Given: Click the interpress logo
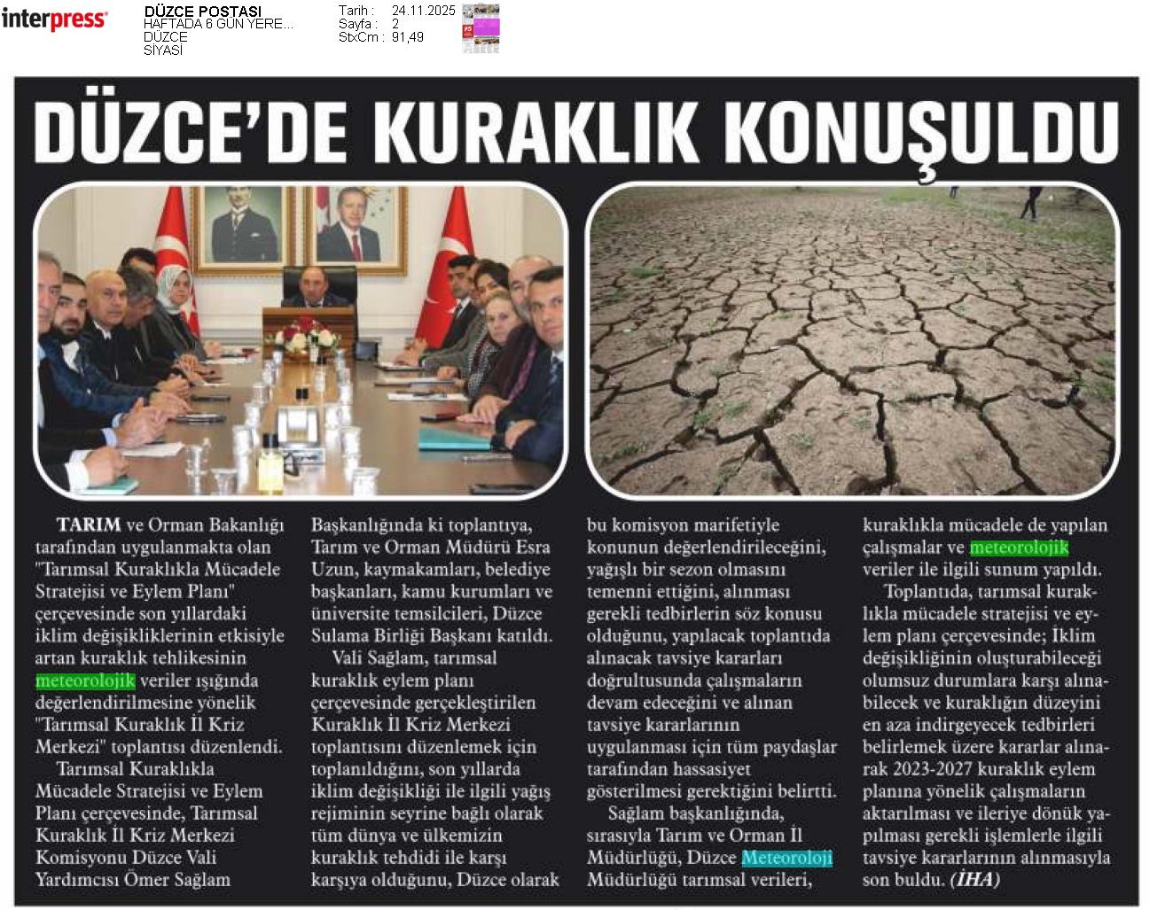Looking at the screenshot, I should [54, 19].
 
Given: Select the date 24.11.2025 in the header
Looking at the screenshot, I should [423, 11].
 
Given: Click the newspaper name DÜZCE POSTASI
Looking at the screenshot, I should [202, 12].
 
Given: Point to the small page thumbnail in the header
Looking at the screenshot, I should [481, 28].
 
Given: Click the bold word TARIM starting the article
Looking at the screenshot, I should [88, 525].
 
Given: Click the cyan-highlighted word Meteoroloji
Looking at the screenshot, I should [786, 858].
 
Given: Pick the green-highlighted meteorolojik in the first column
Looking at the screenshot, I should [85, 681].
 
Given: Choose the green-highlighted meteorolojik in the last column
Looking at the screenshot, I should [1019, 548].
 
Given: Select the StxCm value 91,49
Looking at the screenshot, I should [408, 37].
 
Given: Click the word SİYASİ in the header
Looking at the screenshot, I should [163, 51].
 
